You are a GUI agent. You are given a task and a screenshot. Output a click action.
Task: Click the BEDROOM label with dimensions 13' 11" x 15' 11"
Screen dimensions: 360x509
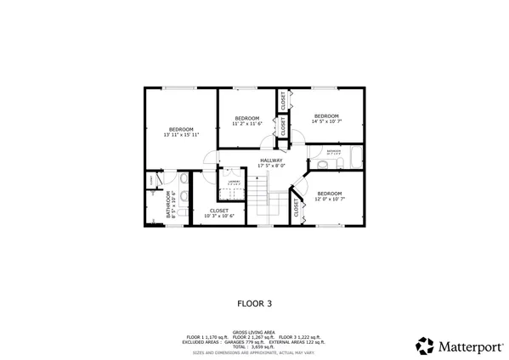click(181, 132)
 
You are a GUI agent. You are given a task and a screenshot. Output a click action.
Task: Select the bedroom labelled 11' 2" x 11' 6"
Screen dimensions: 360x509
click(246, 121)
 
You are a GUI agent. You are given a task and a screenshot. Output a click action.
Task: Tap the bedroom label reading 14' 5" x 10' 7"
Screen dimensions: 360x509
click(326, 119)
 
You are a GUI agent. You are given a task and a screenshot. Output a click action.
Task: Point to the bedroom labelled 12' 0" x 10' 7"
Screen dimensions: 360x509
click(329, 196)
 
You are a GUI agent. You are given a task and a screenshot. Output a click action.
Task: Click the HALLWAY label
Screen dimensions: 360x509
click(271, 163)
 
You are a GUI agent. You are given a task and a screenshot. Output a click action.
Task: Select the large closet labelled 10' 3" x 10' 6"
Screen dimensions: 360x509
click(218, 213)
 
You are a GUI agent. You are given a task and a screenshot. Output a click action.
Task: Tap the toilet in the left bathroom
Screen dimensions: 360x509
click(184, 179)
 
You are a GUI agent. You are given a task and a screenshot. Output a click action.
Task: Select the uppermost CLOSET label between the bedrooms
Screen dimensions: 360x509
click(283, 99)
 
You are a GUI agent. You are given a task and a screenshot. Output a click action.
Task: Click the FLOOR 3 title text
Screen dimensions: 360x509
click(254, 301)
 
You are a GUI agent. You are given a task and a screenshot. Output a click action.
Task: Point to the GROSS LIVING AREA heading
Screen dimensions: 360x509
click(254, 333)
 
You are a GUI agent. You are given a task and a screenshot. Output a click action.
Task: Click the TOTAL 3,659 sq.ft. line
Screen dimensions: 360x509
click(254, 346)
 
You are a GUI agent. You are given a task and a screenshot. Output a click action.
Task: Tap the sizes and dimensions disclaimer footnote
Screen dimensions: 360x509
click(254, 351)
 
